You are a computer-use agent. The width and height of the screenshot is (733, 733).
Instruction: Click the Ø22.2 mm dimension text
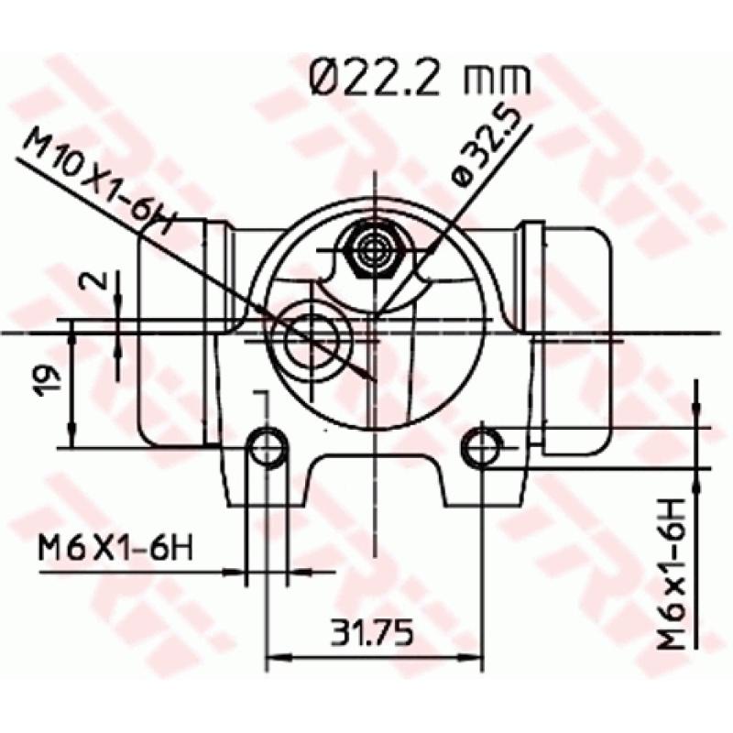tap(419, 78)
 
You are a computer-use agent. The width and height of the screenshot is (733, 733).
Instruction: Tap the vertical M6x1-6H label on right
tap(676, 574)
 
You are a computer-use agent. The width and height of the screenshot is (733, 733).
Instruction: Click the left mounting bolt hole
tap(268, 446)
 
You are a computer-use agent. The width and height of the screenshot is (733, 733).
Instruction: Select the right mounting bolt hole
tap(482, 446)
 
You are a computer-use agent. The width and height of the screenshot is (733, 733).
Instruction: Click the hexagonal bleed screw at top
tap(375, 248)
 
